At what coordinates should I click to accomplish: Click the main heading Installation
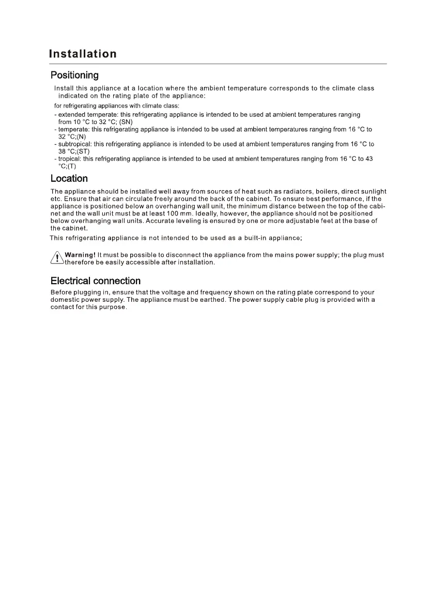pyautogui.click(x=83, y=54)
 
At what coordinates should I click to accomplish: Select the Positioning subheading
pyautogui.click(x=74, y=75)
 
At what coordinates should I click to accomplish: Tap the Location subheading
pyautogui.click(x=69, y=179)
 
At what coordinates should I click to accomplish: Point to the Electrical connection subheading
pyautogui.click(x=96, y=281)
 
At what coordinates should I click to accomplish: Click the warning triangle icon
pyautogui.click(x=57, y=257)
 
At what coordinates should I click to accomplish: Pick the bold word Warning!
pyautogui.click(x=80, y=255)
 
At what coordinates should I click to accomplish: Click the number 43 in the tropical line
pyautogui.click(x=368, y=159)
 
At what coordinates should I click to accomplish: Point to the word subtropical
pyautogui.click(x=74, y=144)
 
